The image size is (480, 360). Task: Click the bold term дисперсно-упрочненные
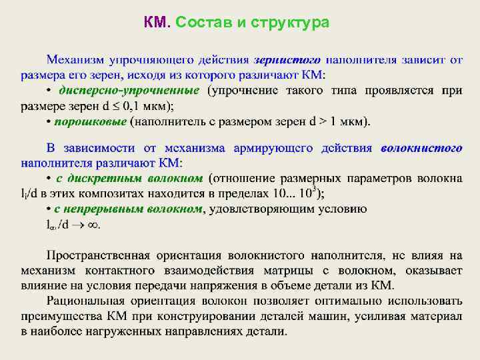coord(129,90)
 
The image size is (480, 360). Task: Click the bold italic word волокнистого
coord(421,147)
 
